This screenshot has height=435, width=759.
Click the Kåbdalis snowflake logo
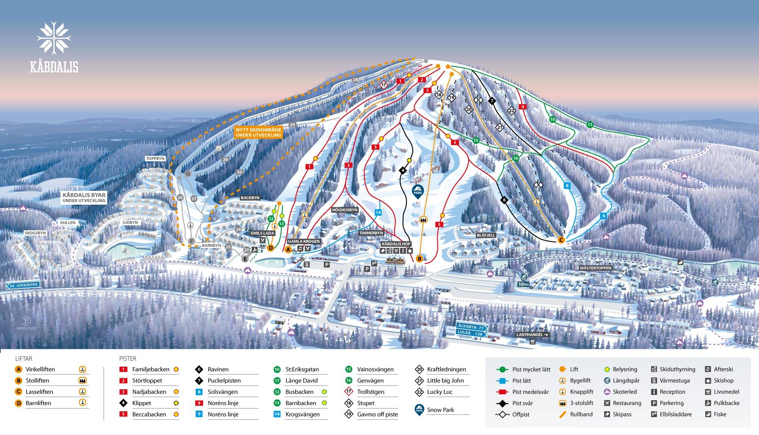click(54, 38)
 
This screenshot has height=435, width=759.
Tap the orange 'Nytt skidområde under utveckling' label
click(258, 132)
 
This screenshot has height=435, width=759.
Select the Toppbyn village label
click(155, 158)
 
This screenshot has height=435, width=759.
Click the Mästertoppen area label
click(595, 268)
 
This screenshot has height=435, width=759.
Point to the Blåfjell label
click(486, 235)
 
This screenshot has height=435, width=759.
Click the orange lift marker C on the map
click(561, 240)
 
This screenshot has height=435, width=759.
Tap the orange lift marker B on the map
click(419, 259)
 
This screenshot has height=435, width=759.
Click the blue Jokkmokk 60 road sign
click(23, 285)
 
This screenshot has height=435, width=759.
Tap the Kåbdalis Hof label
click(396, 244)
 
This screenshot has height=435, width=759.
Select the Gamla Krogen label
click(304, 241)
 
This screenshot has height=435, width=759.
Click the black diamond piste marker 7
click(492, 101)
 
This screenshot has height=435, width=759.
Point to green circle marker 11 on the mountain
click(590, 124)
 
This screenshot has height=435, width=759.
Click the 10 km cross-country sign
click(523, 284)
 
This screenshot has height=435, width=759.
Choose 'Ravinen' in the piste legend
click(218, 369)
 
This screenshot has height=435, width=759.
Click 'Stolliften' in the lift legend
click(37, 380)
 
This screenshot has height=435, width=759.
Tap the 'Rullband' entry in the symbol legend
click(581, 414)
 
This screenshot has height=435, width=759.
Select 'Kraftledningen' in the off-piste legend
click(446, 369)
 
